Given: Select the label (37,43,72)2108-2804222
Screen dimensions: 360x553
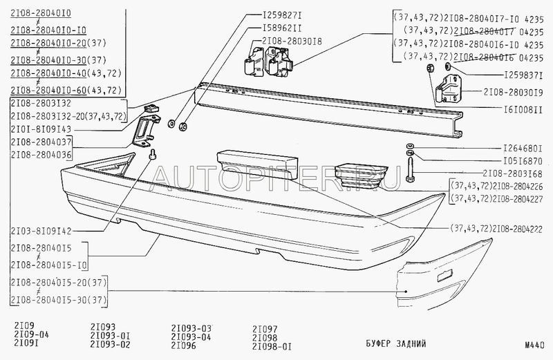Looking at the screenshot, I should pos(494,227).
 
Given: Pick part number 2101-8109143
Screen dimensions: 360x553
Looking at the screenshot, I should pos(40,129).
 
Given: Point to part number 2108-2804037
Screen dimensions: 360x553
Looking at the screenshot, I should pos(40,142).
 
